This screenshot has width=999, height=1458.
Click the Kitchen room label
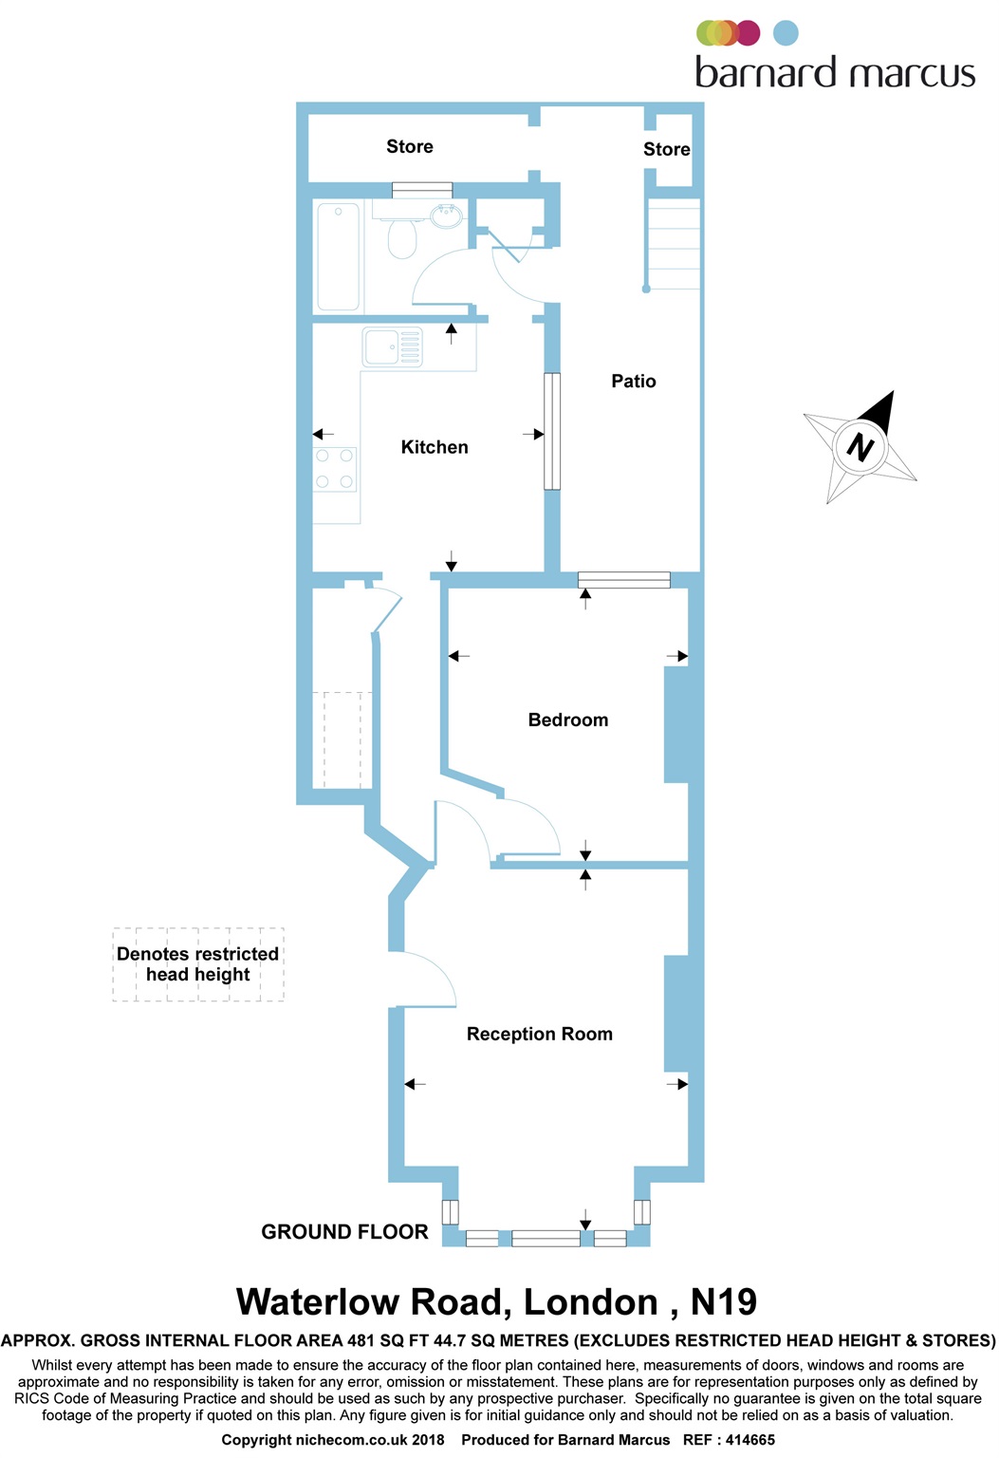pos(435,447)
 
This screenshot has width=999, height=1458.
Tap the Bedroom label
pos(567,720)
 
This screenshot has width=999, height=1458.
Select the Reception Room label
pos(539,1035)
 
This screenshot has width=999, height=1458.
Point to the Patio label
pos(634,381)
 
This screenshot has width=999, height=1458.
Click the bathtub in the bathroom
pos(338,256)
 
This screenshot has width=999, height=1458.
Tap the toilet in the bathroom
pos(402,238)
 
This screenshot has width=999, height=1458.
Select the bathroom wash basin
pos(446,214)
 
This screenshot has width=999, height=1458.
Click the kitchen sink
pos(393,346)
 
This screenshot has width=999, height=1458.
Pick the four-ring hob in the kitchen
pos(335,469)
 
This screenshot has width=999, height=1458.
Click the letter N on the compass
pos(860,448)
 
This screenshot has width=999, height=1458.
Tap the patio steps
pos(674,244)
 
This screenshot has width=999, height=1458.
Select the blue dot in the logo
pos(786,33)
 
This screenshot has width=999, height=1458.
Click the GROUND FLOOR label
pos(344,1231)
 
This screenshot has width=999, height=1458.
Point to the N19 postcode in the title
pos(723,1301)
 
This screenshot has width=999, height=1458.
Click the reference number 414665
pos(749,1440)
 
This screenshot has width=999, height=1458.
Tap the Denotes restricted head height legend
pos(197,964)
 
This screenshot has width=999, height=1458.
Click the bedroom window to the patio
pos(623,579)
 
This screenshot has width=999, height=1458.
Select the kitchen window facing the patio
pos(552,431)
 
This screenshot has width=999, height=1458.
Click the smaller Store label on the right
pos(666,149)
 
